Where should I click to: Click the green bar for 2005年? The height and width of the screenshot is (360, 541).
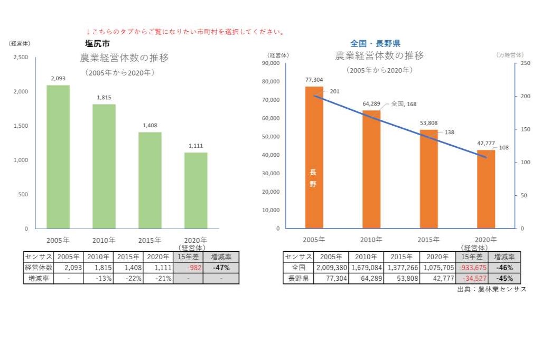click(58, 157)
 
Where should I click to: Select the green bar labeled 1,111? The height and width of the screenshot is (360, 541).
click(195, 191)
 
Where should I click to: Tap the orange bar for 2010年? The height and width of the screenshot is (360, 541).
click(371, 169)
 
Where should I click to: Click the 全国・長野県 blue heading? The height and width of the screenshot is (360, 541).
click(375, 43)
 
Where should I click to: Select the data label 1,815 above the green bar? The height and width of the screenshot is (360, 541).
click(104, 98)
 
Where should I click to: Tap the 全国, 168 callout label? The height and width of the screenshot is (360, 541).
click(404, 104)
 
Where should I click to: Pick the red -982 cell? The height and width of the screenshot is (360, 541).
click(188, 268)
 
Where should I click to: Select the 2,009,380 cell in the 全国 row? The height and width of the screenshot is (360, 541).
click(331, 268)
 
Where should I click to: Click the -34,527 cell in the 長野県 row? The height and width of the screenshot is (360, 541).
click(471, 278)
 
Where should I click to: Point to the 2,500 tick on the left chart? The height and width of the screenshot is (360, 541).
click(21, 57)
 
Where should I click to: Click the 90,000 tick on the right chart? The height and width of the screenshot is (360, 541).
click(270, 63)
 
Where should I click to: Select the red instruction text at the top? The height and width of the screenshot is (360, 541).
click(185, 32)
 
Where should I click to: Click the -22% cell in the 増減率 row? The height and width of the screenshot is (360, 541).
click(129, 278)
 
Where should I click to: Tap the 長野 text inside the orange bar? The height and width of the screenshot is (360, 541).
click(313, 178)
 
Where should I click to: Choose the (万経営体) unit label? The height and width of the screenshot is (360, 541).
click(510, 55)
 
